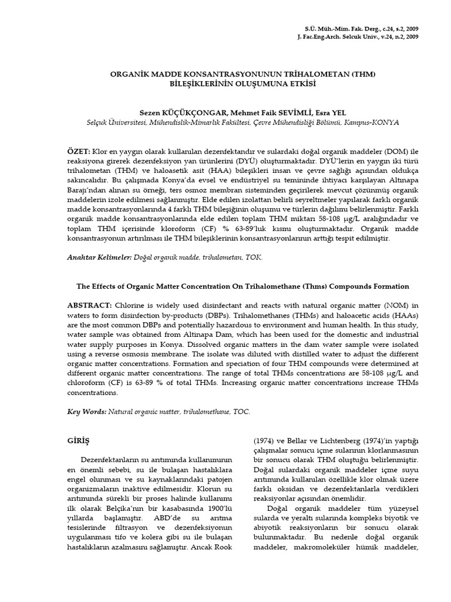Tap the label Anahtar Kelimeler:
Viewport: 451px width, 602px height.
coord(98,257)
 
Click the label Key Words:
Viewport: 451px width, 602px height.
coord(86,412)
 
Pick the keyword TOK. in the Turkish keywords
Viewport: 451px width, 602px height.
coord(255,257)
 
